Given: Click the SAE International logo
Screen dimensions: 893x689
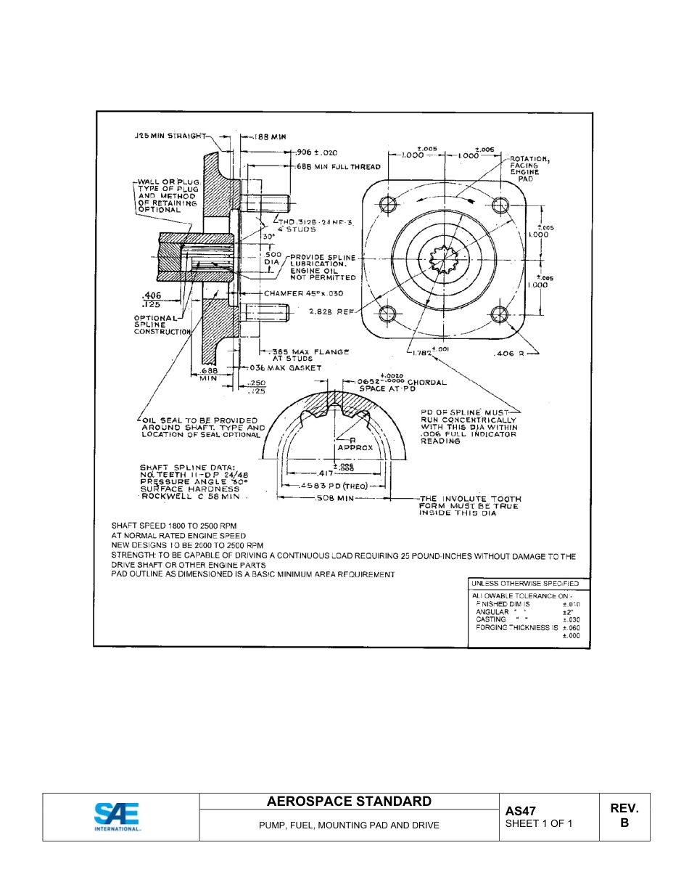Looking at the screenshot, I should click(117, 817).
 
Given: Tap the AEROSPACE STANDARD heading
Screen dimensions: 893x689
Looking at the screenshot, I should click(349, 802).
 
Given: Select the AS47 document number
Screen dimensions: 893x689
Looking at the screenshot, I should click(520, 810).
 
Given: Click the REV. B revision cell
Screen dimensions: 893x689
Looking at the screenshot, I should click(624, 816).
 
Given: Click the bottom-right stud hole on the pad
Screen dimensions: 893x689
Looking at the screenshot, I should click(499, 314).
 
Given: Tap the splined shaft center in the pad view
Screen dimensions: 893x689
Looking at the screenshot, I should click(442, 259).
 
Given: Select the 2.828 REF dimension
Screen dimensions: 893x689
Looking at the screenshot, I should click(330, 311).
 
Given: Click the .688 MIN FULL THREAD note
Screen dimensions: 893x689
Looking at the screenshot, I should click(338, 167).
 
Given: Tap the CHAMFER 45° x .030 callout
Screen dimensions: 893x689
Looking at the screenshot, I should click(303, 293).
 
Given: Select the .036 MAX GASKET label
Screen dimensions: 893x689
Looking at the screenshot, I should click(284, 368).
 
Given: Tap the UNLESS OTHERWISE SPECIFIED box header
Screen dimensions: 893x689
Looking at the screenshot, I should click(525, 583).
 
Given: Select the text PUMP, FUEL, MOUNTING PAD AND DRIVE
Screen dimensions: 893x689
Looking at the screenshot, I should click(349, 825).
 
